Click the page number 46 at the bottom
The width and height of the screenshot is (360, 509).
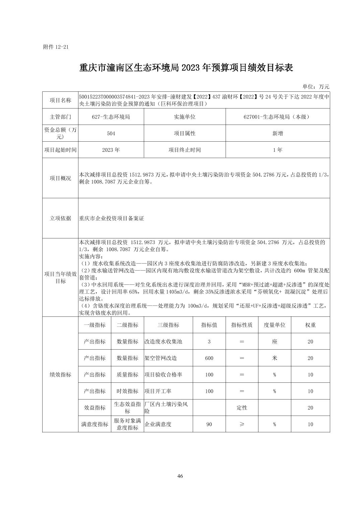[x=180, y=476]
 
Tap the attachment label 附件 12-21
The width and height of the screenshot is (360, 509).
[x=56, y=47]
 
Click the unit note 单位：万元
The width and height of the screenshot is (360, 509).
[x=316, y=86]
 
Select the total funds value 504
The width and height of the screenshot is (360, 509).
[x=111, y=133]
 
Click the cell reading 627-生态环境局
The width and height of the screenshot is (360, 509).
[x=111, y=117]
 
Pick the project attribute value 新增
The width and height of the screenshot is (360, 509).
[x=278, y=133]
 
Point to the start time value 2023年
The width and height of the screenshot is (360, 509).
[x=111, y=150]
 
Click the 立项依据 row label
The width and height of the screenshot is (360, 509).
[x=60, y=218]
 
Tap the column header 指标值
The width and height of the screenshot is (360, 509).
[x=209, y=325]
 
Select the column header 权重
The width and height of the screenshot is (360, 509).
[x=310, y=325]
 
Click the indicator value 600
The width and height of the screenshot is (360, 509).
[x=209, y=358]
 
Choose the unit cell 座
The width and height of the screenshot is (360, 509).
[x=275, y=342]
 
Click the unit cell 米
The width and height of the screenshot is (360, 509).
[x=275, y=358]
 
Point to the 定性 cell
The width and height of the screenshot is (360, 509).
[x=242, y=408]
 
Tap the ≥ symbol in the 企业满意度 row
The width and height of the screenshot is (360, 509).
[x=242, y=424]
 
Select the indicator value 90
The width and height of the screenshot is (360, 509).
[x=209, y=424]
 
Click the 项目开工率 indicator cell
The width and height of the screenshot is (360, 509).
[x=158, y=391]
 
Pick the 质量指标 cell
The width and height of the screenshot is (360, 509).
[x=127, y=374]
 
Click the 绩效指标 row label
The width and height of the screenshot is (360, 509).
[x=60, y=374]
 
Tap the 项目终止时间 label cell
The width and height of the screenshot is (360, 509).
[x=185, y=150]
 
